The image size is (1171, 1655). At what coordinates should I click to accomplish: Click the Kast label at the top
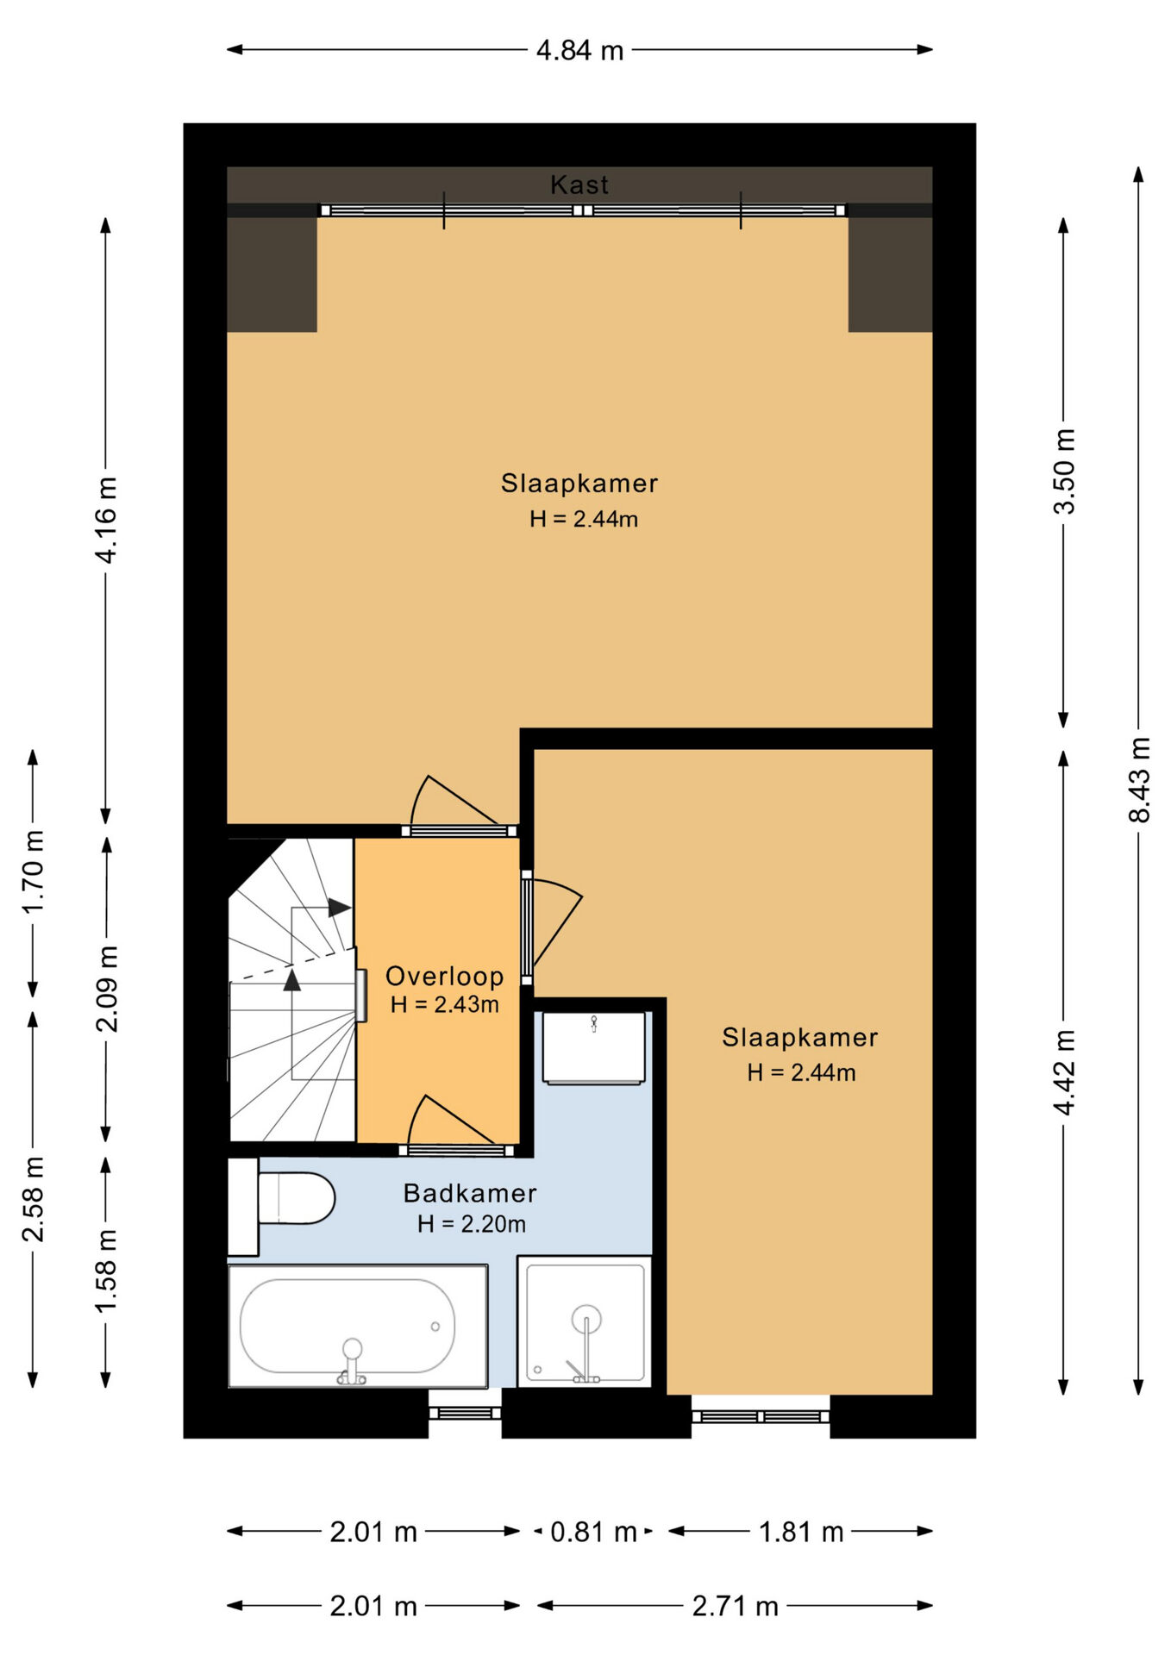point(579,184)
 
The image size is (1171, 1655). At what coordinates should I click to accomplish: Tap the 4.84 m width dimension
point(579,50)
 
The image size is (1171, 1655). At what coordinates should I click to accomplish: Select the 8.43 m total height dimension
point(1139,779)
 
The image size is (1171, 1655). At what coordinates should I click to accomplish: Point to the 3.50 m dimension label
point(1064,471)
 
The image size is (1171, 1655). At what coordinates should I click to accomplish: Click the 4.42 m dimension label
point(1064,1071)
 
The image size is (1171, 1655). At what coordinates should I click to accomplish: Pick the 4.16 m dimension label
point(105,520)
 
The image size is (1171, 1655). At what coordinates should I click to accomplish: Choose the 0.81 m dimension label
point(593,1532)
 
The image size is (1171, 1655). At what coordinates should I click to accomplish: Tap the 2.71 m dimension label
point(735,1606)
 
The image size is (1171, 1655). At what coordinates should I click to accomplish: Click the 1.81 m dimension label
point(801,1532)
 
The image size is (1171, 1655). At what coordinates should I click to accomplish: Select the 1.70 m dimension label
point(33,871)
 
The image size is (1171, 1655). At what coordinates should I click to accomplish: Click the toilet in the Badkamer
point(281,1206)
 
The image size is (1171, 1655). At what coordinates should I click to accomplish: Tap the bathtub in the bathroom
point(358,1326)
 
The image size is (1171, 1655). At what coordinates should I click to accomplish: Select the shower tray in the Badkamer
point(585,1321)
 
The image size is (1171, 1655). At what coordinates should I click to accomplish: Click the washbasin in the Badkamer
point(594,1047)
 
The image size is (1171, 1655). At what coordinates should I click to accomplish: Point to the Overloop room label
point(444,976)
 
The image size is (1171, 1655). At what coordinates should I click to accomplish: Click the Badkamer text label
point(470,1193)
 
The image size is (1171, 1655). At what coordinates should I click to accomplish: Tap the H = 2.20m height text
point(471,1224)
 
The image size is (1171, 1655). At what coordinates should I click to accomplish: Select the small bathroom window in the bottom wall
point(465,1413)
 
